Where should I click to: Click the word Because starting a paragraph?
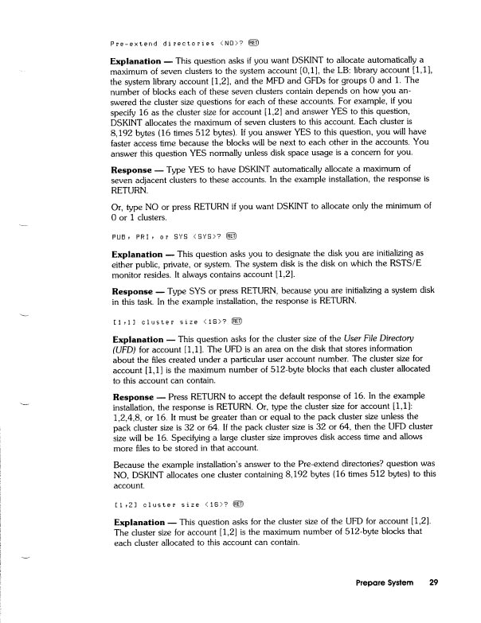127,463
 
